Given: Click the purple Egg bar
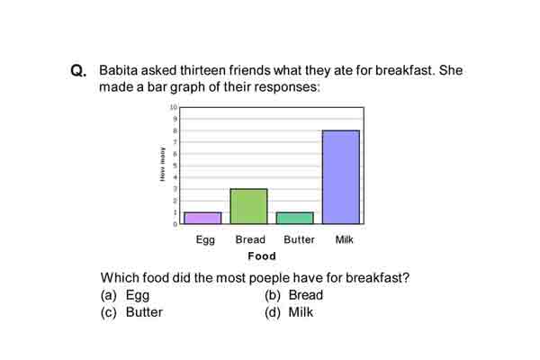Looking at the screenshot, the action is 202,218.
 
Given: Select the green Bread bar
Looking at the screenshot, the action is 248,206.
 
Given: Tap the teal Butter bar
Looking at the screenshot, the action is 295,218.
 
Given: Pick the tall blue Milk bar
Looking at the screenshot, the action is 341,177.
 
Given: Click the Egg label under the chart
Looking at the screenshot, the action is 205,240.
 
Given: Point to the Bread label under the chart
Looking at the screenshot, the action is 250,239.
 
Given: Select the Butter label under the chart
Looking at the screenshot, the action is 299,239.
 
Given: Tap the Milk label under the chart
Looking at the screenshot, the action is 345,239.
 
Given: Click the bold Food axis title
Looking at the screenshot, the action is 262,256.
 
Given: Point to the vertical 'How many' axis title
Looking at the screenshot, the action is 162,164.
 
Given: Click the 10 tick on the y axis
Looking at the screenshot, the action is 174,107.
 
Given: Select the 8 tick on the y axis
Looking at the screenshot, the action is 175,130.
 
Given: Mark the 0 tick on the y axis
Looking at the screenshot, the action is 175,224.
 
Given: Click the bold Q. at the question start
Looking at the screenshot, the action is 78,70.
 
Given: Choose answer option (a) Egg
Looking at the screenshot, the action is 125,295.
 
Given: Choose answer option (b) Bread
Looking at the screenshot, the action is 293,295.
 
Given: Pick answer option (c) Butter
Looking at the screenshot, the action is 131,312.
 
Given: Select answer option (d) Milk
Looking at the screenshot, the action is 289,312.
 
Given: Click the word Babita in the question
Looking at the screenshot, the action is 118,70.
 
